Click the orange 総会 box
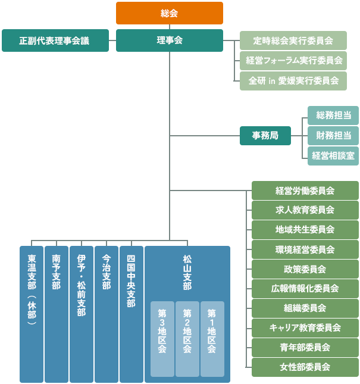(x=170, y=13)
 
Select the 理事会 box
(x=170, y=40)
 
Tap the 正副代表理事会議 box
(x=55, y=40)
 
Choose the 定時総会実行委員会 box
(x=293, y=40)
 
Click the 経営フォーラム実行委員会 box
(x=293, y=60)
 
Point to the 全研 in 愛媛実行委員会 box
(x=293, y=80)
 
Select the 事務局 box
(x=265, y=135)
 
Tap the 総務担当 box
(x=333, y=115)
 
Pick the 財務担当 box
(x=333, y=136)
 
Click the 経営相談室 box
(x=333, y=156)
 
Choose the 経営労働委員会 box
(x=305, y=191)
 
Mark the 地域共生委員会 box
(x=305, y=230)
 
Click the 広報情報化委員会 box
(x=305, y=288)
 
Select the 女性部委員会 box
(x=305, y=367)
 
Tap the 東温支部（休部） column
(x=32, y=314)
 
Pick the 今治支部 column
(x=107, y=314)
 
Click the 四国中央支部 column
(x=132, y=314)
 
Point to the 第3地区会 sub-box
(x=162, y=339)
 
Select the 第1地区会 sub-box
(x=212, y=339)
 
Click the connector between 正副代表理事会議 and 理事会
(x=112, y=40)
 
